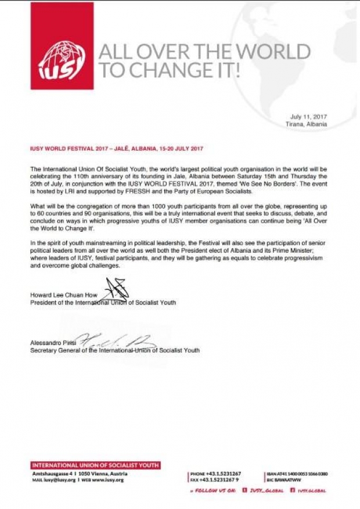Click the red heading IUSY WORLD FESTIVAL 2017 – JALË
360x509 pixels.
117,149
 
